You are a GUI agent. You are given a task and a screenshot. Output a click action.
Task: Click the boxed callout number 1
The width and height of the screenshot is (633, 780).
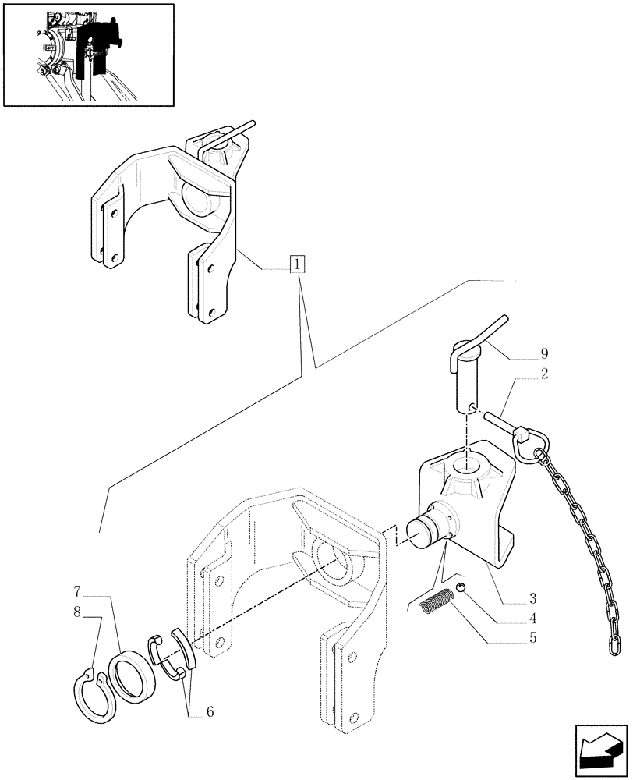pos(297,265)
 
